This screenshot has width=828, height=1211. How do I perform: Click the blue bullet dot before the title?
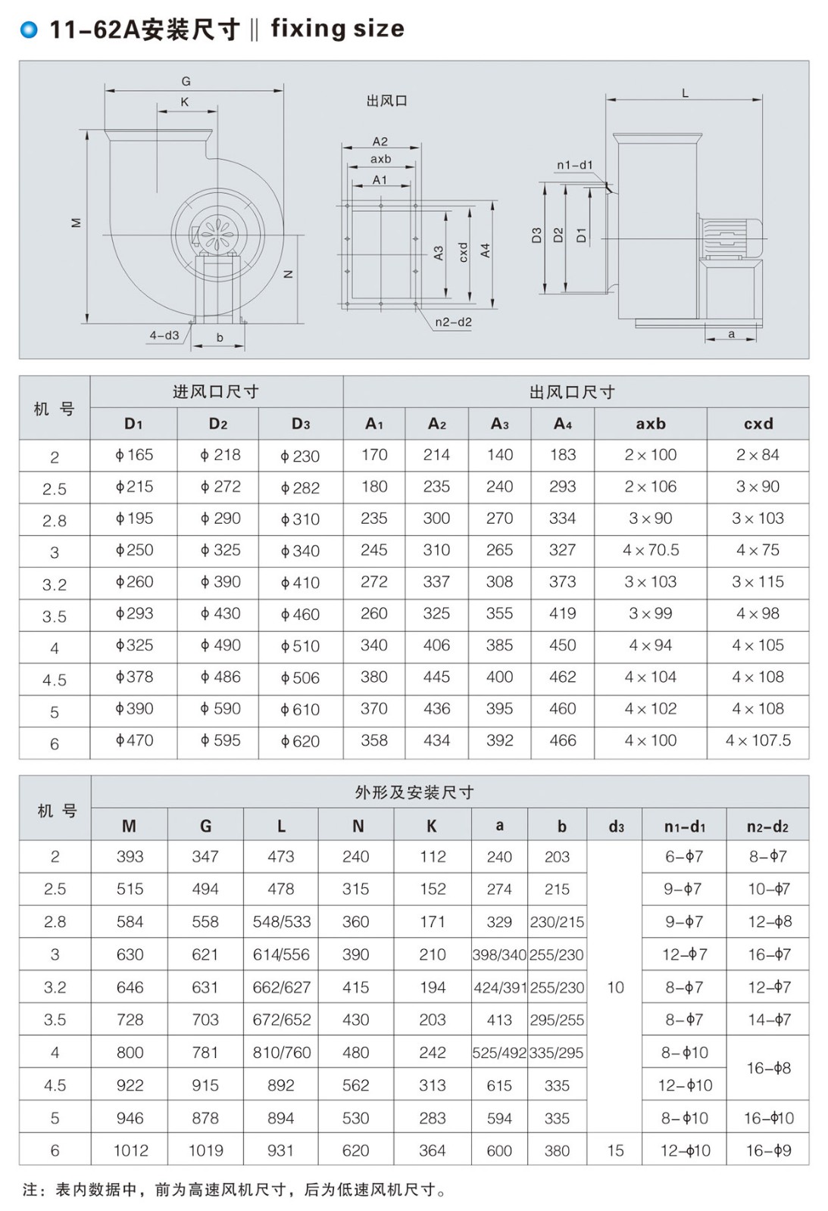point(30,30)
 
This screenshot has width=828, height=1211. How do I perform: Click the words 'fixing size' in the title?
point(337,29)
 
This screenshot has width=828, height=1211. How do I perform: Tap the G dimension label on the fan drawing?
point(186,81)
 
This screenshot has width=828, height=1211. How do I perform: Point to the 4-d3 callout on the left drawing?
point(164,335)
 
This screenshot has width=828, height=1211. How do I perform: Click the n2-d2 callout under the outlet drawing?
point(453,322)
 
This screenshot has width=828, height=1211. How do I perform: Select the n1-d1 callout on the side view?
point(574,165)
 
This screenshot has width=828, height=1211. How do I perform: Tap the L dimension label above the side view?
point(685,93)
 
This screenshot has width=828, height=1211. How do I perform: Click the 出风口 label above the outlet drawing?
point(386,101)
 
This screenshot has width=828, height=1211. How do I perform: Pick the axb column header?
point(651,424)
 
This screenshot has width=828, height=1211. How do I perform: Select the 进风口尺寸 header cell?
point(216,391)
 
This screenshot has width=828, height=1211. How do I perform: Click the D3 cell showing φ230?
point(300,456)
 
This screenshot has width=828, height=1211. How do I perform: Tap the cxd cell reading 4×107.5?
point(758,740)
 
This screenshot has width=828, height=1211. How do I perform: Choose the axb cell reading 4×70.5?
point(651,550)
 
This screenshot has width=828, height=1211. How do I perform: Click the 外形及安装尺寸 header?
point(414,792)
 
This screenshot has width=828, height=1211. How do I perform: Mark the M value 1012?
point(130,1150)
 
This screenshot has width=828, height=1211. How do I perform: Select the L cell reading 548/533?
point(281,922)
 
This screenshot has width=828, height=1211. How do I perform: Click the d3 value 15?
point(615,1150)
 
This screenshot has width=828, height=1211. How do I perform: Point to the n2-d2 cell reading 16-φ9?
point(767,1150)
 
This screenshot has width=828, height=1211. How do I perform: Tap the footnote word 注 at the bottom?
point(30,1190)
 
